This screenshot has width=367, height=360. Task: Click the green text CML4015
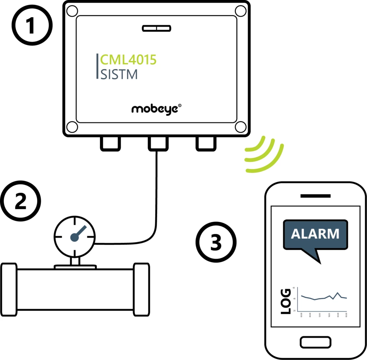point(128,60)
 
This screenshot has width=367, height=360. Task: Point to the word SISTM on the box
point(119,75)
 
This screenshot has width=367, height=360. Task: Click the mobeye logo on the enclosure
point(156,109)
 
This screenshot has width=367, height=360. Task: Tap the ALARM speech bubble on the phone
point(315,235)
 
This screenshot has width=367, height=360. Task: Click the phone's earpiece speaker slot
point(315,196)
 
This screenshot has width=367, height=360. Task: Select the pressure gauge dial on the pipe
point(75,235)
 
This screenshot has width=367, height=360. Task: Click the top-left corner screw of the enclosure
point(72,11)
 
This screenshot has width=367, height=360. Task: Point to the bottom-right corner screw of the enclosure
point(240,127)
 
